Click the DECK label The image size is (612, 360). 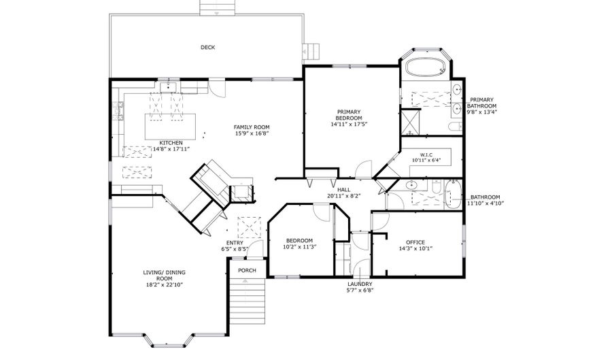[207, 47]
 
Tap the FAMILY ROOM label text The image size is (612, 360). [252, 127]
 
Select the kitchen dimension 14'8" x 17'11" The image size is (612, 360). [170, 148]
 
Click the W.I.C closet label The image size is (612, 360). [426, 154]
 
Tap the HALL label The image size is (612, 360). [343, 190]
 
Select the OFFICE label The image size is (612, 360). [415, 242]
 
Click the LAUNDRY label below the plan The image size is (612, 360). [359, 284]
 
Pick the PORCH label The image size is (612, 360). [247, 270]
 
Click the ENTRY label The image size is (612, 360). [235, 243]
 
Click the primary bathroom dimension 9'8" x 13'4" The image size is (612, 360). [482, 112]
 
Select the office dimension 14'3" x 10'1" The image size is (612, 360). [415, 249]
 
